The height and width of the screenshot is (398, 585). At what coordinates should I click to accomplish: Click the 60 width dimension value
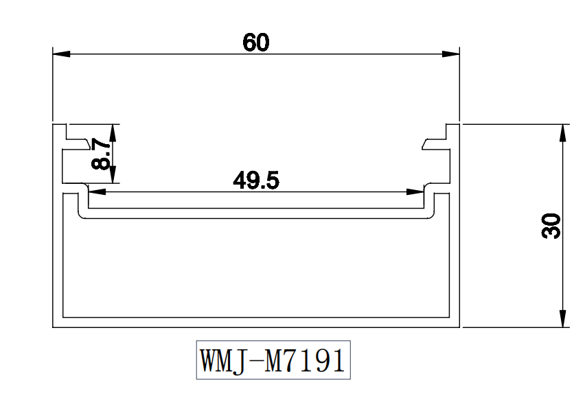(x=256, y=43)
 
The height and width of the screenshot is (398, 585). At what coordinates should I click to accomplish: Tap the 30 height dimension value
(x=551, y=226)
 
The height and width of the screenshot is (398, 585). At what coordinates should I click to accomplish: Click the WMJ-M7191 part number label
(x=273, y=360)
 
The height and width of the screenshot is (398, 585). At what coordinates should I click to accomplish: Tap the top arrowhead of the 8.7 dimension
(x=113, y=132)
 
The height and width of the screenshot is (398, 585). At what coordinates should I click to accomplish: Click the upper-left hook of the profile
(x=78, y=142)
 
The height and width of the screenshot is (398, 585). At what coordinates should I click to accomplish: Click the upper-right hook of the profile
(x=434, y=142)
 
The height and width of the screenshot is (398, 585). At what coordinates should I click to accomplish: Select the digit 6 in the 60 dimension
(x=249, y=43)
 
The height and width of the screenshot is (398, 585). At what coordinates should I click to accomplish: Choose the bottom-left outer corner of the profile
(x=54, y=327)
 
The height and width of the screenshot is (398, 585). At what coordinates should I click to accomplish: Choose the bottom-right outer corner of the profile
(x=459, y=327)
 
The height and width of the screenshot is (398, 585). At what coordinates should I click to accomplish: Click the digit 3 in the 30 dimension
(x=551, y=233)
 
